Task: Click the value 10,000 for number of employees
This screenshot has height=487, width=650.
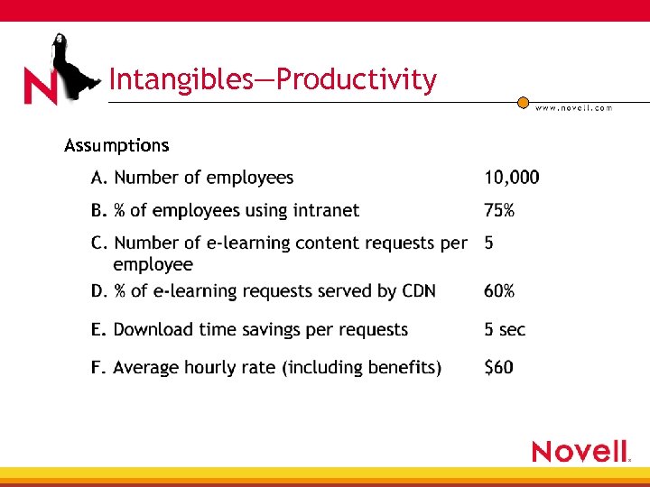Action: (x=511, y=178)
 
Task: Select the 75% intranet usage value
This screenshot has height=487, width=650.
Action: (x=499, y=211)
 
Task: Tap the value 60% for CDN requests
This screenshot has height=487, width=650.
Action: (x=499, y=291)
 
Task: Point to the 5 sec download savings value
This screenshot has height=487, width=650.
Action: (x=505, y=330)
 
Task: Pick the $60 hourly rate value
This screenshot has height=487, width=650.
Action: (x=498, y=368)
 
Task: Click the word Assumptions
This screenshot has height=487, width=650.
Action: (x=116, y=145)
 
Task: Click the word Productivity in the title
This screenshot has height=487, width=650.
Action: (x=357, y=80)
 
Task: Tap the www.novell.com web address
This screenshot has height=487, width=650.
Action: (x=573, y=108)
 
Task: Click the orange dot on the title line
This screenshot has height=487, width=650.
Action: (x=523, y=103)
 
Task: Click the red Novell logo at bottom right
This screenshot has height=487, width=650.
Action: (x=580, y=451)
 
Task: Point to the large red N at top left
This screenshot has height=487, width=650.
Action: (x=41, y=87)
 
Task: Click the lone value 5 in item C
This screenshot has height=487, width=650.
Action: (x=488, y=243)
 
